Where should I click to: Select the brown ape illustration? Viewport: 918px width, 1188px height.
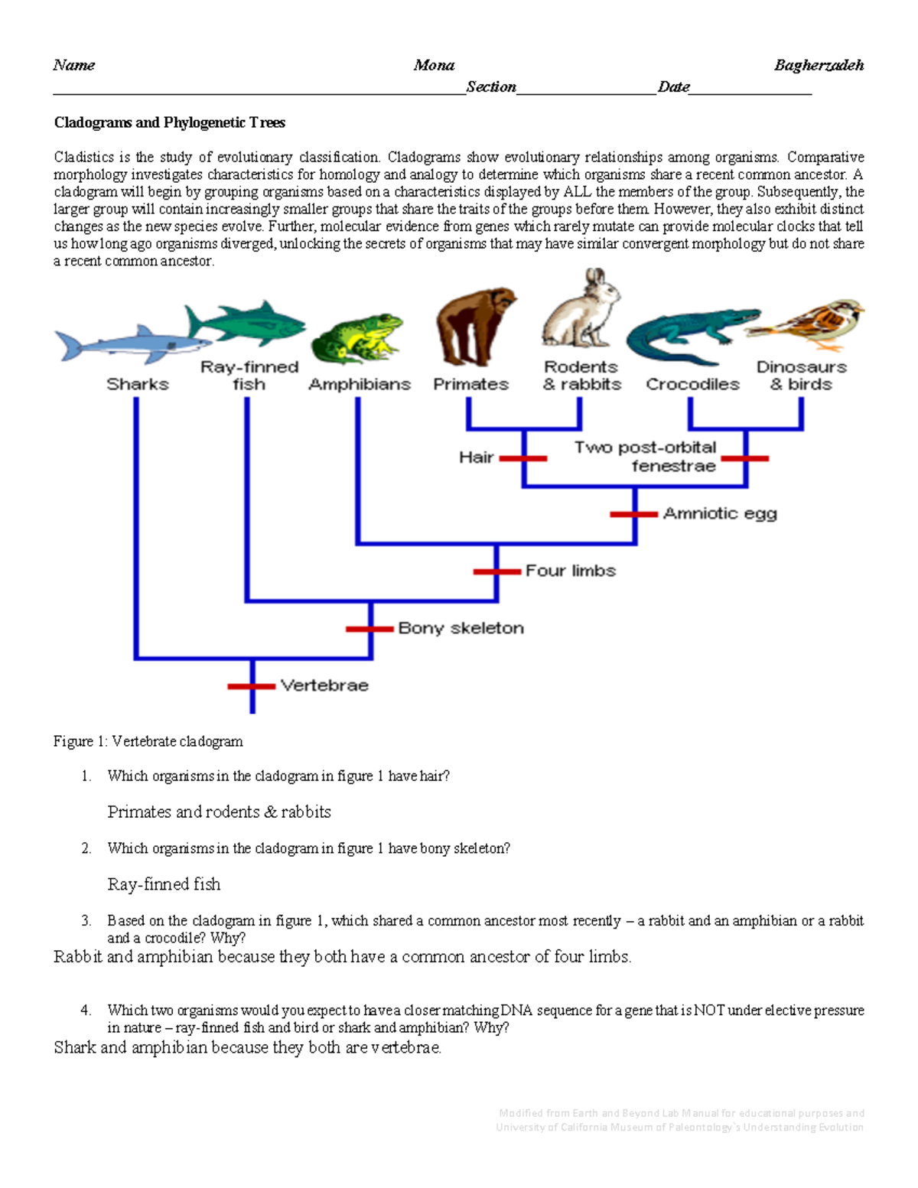pyautogui.click(x=474, y=327)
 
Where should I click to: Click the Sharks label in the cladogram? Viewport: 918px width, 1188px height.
pyautogui.click(x=138, y=384)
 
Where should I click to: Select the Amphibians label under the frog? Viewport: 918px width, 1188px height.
pyautogui.click(x=360, y=384)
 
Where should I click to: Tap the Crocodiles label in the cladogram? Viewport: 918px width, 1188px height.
pyautogui.click(x=692, y=384)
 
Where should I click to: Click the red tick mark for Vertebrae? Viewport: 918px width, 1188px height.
pyautogui.click(x=252, y=686)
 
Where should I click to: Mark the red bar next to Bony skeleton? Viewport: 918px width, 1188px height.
pyautogui.click(x=370, y=629)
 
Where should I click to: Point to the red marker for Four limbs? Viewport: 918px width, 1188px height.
pyautogui.click(x=497, y=571)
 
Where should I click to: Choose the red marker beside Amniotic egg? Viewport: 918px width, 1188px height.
pyautogui.click(x=634, y=514)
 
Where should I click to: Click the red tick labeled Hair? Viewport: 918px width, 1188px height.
pyautogui.click(x=524, y=458)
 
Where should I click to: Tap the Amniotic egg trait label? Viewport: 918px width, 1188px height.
pyautogui.click(x=720, y=513)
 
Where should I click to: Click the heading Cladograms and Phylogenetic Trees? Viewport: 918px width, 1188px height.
pyautogui.click(x=169, y=122)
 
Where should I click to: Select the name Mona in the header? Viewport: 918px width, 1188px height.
pyautogui.click(x=434, y=66)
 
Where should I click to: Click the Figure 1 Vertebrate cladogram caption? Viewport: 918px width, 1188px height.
pyautogui.click(x=148, y=741)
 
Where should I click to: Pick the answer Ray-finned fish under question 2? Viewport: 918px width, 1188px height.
pyautogui.click(x=164, y=884)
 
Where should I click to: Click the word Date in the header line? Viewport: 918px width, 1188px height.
pyautogui.click(x=673, y=87)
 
